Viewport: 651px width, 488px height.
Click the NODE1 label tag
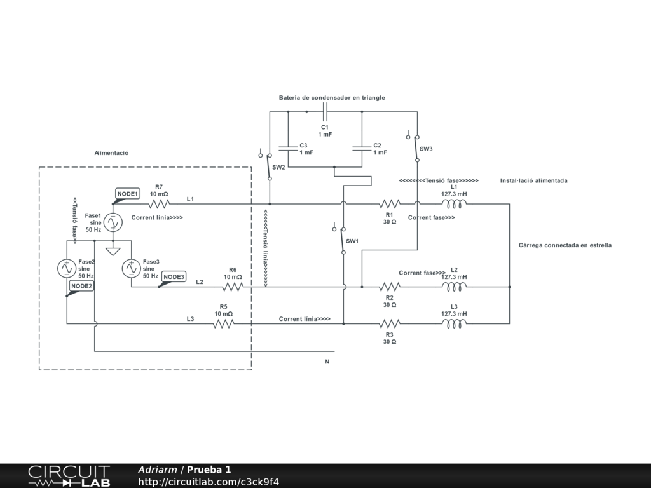pos(127,193)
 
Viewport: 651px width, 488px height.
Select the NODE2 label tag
pos(81,286)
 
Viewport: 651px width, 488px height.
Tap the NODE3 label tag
pos(174,276)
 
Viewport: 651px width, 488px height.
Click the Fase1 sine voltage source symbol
pos(113,222)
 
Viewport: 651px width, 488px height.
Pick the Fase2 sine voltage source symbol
pos(67,269)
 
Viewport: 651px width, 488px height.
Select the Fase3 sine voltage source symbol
pos(131,269)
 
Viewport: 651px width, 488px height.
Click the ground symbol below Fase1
pos(113,251)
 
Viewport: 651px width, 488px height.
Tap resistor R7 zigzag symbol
pos(159,204)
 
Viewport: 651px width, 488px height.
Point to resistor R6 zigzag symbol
pos(233,287)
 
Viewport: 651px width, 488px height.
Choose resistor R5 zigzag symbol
pos(223,323)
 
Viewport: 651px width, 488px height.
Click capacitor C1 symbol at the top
pos(325,112)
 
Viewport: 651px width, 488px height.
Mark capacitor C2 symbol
pos(361,149)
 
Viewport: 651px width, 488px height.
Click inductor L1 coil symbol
pos(454,204)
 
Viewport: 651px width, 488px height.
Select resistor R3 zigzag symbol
pos(389,323)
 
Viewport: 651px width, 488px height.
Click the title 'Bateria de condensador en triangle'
pos(332,98)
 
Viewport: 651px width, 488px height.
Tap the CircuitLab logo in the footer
pos(69,476)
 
